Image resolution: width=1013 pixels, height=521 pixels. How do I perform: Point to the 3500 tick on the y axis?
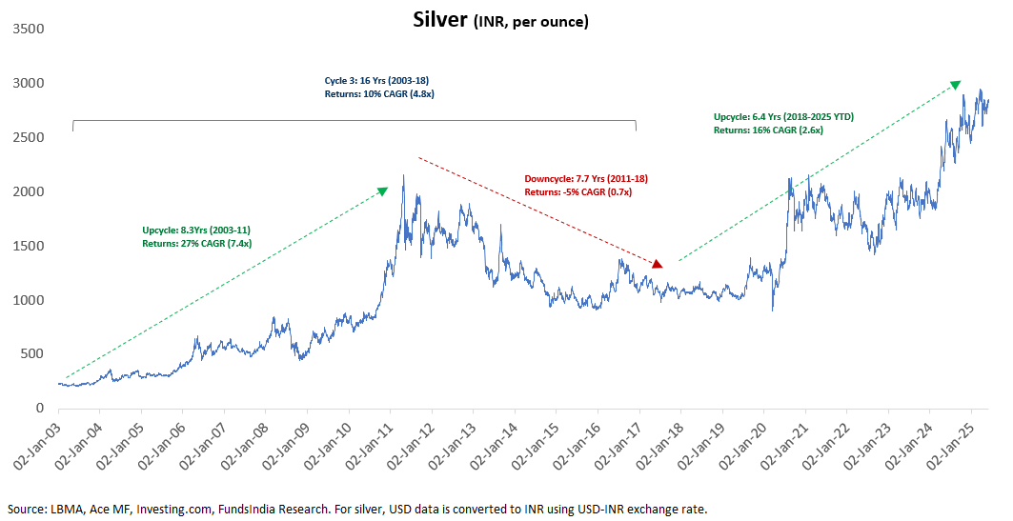(x=28, y=30)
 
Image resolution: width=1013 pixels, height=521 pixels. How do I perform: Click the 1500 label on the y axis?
(x=28, y=246)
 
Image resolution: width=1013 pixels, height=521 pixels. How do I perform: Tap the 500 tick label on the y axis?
(x=31, y=354)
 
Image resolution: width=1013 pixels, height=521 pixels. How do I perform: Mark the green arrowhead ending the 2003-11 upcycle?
(x=383, y=190)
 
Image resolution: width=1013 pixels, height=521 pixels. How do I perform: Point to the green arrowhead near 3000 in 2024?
(x=955, y=86)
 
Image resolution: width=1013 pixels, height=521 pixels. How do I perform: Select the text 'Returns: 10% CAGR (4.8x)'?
(x=379, y=93)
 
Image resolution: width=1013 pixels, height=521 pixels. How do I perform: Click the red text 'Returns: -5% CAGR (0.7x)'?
(x=578, y=191)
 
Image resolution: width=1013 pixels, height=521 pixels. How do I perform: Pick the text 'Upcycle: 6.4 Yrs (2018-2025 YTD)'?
(x=783, y=117)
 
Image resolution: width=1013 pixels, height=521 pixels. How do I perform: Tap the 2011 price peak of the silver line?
(x=404, y=175)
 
